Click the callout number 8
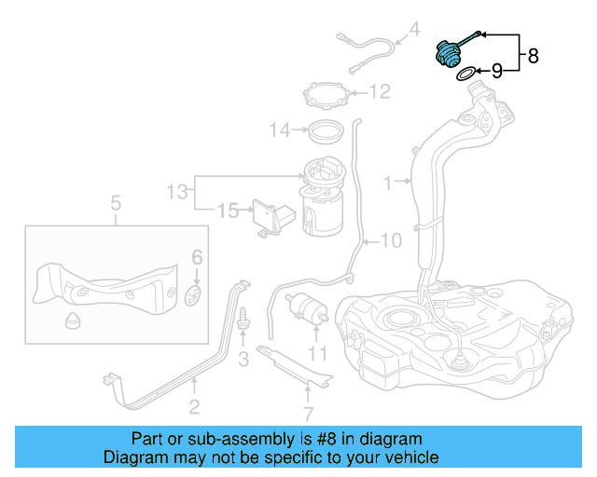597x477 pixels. (533, 56)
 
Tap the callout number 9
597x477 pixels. (497, 70)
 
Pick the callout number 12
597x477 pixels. (379, 91)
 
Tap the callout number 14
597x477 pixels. (280, 130)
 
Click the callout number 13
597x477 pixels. (177, 192)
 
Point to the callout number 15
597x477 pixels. (229, 211)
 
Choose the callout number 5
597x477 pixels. (117, 202)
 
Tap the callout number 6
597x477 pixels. (197, 256)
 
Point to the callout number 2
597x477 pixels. (194, 405)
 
